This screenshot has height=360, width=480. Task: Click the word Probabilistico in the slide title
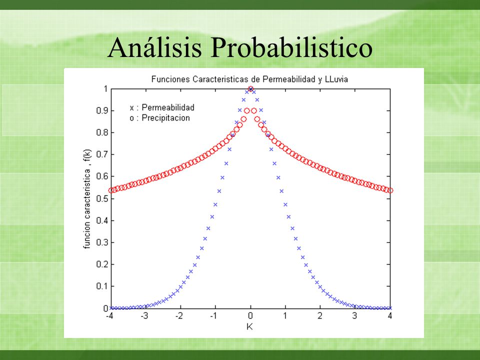pyautogui.click(x=291, y=47)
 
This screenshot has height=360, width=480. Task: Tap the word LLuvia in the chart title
pyautogui.click(x=336, y=79)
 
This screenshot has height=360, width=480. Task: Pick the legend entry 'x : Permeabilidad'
pyautogui.click(x=162, y=107)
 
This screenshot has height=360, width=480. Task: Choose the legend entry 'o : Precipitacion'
pyautogui.click(x=159, y=118)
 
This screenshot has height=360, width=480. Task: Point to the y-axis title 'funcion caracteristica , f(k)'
pyautogui.click(x=87, y=199)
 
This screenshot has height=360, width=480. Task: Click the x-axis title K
pyautogui.click(x=250, y=326)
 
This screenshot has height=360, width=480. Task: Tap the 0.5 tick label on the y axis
pyautogui.click(x=101, y=198)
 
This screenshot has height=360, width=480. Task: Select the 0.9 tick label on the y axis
pyautogui.click(x=101, y=110)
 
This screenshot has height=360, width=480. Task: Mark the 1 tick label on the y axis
pyautogui.click(x=105, y=89)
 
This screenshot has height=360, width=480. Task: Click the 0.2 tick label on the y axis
pyautogui.click(x=101, y=264)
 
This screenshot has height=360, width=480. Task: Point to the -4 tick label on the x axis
pyautogui.click(x=109, y=315)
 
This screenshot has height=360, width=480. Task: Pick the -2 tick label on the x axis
pyautogui.click(x=179, y=315)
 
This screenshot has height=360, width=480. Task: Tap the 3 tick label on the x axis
pyautogui.click(x=355, y=315)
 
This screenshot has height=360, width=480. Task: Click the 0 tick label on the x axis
pyautogui.click(x=250, y=315)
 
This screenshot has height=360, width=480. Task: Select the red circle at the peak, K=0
pyautogui.click(x=250, y=89)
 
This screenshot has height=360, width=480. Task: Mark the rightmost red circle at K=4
pyautogui.click(x=390, y=190)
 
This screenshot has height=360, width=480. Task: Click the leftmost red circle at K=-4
pyautogui.click(x=111, y=190)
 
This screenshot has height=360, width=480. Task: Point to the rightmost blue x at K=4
pyautogui.click(x=390, y=308)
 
